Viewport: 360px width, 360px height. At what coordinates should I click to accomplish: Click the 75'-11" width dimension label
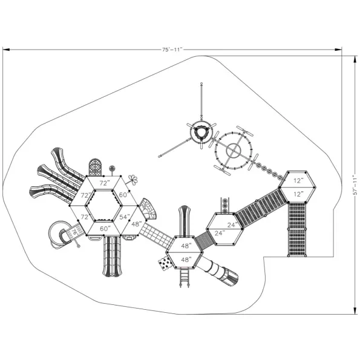[172, 50]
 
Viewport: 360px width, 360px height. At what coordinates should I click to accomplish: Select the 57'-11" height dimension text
[355, 185]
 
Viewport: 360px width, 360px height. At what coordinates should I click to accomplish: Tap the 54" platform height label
[125, 217]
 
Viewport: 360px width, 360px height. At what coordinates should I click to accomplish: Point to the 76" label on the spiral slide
[74, 232]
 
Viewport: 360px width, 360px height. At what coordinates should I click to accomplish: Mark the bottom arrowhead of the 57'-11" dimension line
[355, 311]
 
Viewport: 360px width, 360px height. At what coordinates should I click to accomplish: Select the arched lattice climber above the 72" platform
[95, 168]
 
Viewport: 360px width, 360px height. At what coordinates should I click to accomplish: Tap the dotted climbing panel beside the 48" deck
[165, 264]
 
